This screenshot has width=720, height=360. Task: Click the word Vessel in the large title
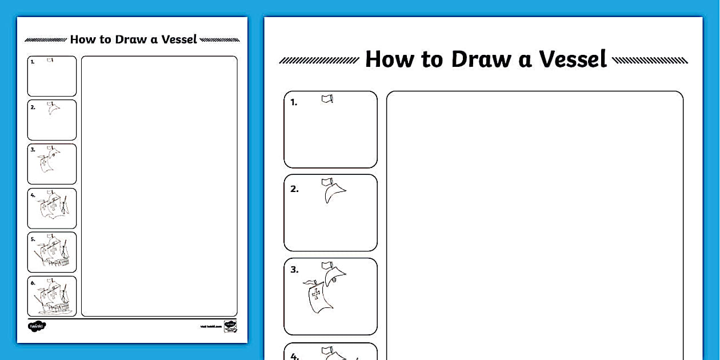click(x=573, y=59)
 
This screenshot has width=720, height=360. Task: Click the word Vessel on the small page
click(x=179, y=39)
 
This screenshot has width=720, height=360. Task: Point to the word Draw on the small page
click(x=131, y=39)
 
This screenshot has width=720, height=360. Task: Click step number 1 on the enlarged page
click(x=294, y=103)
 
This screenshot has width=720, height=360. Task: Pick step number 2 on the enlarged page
click(x=294, y=189)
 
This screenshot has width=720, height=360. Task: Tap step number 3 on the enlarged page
click(x=294, y=270)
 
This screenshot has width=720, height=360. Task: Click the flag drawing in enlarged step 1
click(x=327, y=99)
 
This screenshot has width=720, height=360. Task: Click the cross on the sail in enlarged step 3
click(x=315, y=294)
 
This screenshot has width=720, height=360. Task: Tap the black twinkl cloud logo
click(x=37, y=326)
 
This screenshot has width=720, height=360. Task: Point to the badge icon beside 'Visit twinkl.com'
click(x=230, y=326)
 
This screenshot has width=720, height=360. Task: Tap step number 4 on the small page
click(x=33, y=195)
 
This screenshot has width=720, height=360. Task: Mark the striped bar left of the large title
click(x=319, y=60)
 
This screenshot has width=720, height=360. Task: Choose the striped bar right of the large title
click(x=650, y=60)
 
